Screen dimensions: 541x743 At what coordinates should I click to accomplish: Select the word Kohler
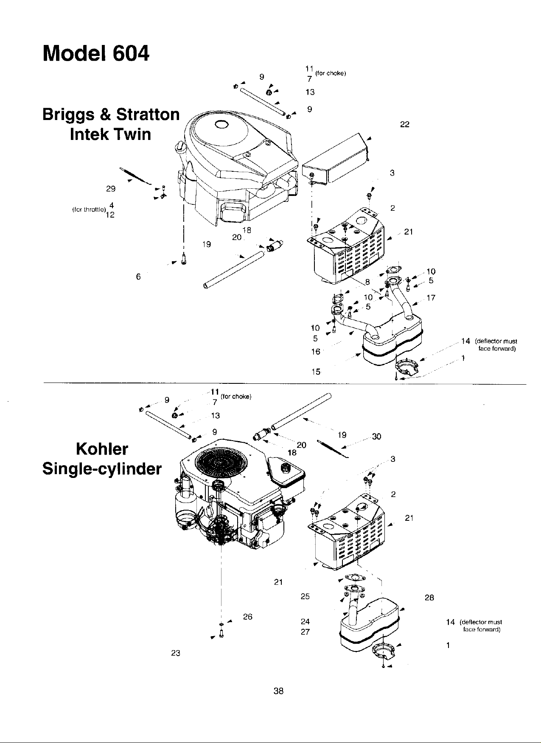click(x=102, y=449)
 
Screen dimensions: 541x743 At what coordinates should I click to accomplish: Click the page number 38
click(x=278, y=691)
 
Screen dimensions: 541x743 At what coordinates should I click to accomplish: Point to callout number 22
click(x=405, y=124)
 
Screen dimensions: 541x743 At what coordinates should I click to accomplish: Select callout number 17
click(x=431, y=298)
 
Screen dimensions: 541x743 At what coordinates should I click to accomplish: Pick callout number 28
click(x=429, y=598)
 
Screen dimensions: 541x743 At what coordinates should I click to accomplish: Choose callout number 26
click(x=248, y=617)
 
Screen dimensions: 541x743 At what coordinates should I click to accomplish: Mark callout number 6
click(x=138, y=277)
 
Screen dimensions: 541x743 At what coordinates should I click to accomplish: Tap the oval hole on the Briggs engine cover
click(x=221, y=124)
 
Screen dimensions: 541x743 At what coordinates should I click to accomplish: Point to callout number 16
click(x=316, y=352)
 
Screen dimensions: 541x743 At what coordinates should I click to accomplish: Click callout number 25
click(x=305, y=596)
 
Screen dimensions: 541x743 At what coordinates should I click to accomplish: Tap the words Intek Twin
click(x=110, y=134)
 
